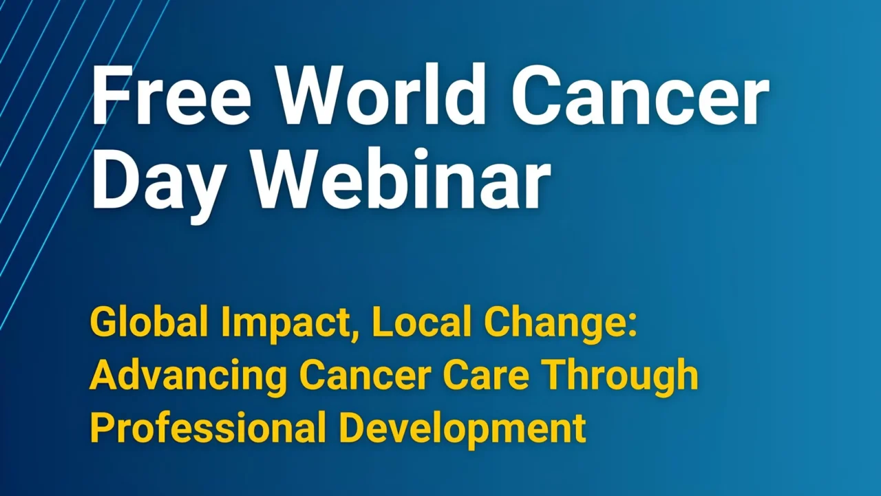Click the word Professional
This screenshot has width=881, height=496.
(208, 427)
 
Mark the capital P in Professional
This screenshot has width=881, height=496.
(101, 427)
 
